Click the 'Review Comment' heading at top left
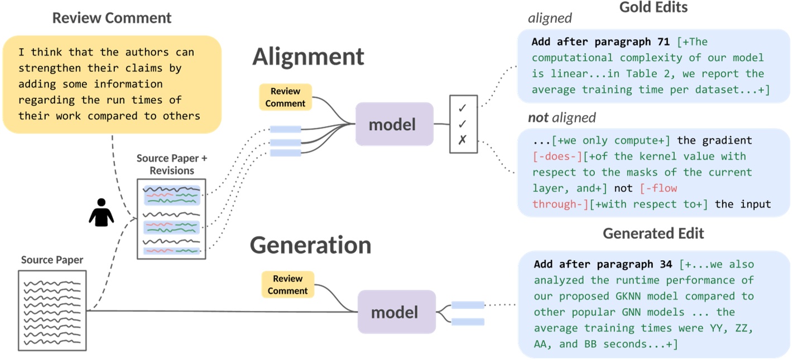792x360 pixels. pyautogui.click(x=112, y=18)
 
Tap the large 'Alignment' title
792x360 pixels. pyautogui.click(x=308, y=57)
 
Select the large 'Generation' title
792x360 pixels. pyautogui.click(x=310, y=245)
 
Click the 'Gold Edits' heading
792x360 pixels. pyautogui.click(x=653, y=7)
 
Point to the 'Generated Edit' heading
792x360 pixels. pyautogui.click(x=653, y=233)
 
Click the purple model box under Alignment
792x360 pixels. pyautogui.click(x=394, y=124)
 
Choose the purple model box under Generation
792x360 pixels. pyautogui.click(x=395, y=312)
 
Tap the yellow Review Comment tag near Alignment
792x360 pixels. pyautogui.click(x=285, y=97)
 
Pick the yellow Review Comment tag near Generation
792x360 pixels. pyautogui.click(x=287, y=285)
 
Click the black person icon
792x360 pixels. pyautogui.click(x=101, y=213)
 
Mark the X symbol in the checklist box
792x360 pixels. pyautogui.click(x=462, y=140)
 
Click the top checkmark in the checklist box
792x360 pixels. pyautogui.click(x=462, y=108)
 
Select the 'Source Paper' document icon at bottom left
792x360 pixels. pyautogui.click(x=52, y=310)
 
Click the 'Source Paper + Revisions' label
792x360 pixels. pyautogui.click(x=172, y=164)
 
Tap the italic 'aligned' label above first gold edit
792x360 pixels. pyautogui.click(x=550, y=18)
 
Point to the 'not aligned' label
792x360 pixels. pyautogui.click(x=561, y=118)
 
